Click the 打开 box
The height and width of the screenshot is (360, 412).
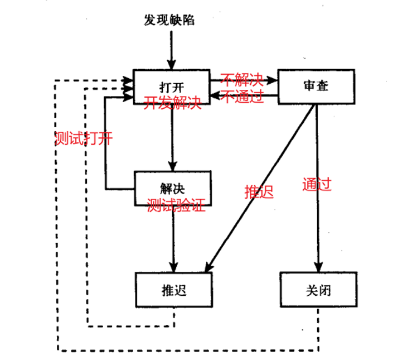(171, 87)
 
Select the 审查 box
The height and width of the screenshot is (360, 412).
(316, 87)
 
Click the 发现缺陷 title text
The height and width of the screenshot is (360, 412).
(169, 21)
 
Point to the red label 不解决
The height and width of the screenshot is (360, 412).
(241, 78)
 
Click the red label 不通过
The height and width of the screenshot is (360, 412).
(243, 97)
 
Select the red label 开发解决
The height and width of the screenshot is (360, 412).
(172, 104)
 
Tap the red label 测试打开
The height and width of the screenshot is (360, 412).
(84, 138)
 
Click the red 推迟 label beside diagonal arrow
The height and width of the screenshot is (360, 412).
(259, 191)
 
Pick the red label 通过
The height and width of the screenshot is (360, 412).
(317, 184)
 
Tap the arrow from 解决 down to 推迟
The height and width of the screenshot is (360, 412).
(173, 240)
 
